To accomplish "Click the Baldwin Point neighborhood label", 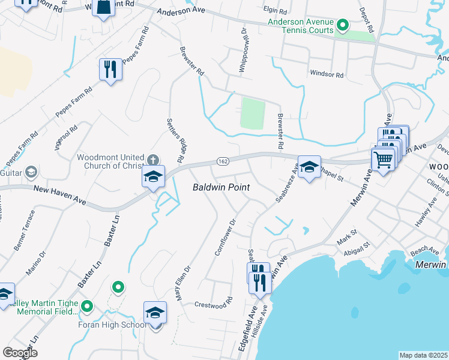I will [221, 188].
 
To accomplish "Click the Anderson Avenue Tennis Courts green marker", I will [343, 25].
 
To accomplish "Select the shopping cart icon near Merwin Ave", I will [382, 160].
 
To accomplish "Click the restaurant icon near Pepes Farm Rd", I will [110, 70].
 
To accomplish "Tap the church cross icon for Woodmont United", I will [153, 160].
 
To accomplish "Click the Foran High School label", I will [112, 325].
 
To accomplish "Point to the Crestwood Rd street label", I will [213, 304].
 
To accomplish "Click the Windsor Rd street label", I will [327, 75].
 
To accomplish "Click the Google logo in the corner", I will [20, 353].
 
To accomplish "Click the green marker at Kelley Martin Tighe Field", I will [87, 307].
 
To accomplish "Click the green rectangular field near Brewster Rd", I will [252, 113].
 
